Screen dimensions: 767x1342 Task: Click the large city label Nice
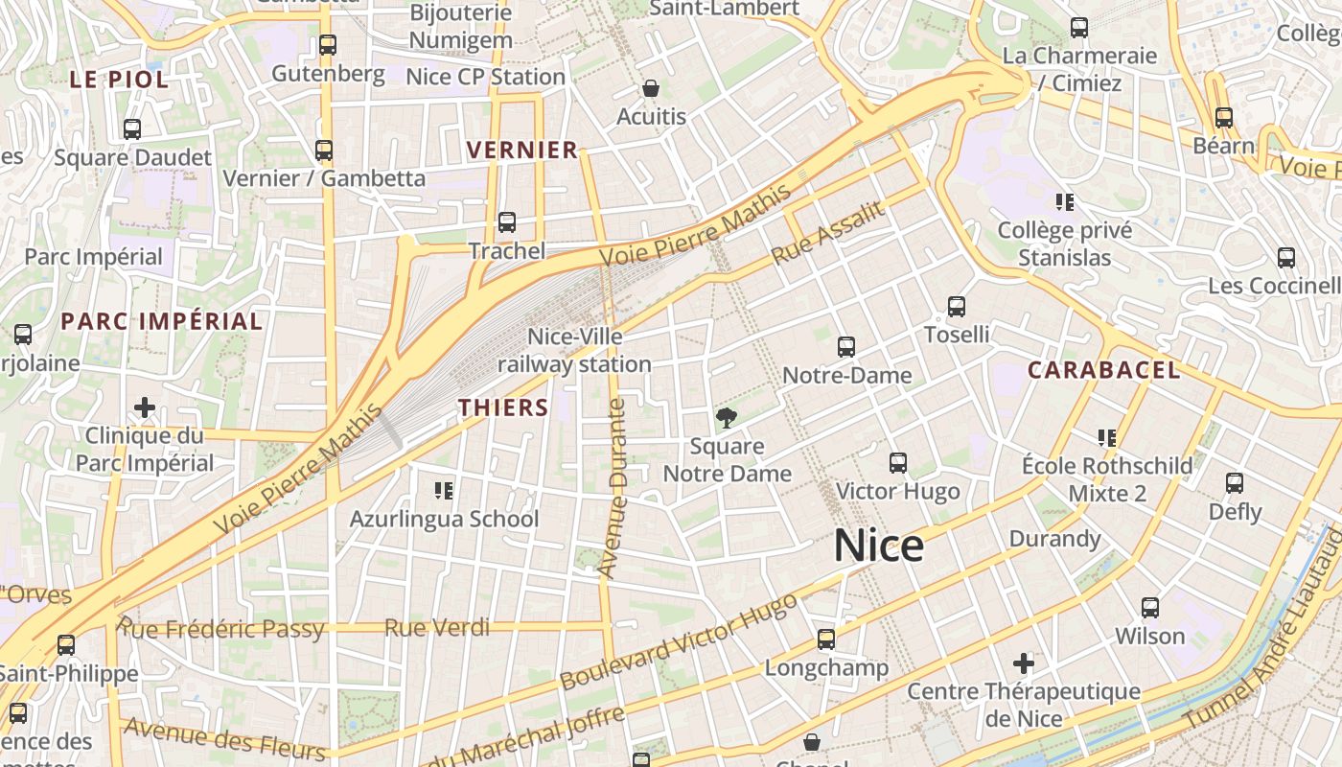pos(878,546)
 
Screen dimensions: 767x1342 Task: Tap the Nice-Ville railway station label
pos(574,351)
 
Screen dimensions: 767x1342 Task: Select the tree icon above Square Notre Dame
pos(727,417)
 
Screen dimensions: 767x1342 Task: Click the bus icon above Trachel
pos(507,222)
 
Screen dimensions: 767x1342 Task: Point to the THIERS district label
pos(503,407)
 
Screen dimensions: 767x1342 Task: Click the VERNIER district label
pos(522,150)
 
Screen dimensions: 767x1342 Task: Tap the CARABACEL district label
pos(1103,370)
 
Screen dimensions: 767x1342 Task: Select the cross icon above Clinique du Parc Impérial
pos(145,407)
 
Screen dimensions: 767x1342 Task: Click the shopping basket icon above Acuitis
pos(651,88)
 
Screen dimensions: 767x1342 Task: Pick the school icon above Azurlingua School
pos(444,491)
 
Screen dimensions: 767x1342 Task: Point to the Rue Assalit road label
pos(827,235)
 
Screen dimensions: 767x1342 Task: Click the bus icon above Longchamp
pos(826,639)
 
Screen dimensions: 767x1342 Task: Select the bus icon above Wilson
pos(1150,607)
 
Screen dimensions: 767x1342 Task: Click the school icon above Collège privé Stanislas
pos(1064,201)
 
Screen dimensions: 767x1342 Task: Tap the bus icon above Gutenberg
pos(328,44)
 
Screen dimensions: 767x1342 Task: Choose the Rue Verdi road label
pos(437,628)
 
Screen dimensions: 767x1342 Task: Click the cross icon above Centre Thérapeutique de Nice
pos(1024,662)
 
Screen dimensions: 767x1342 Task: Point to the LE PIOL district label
pos(119,80)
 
